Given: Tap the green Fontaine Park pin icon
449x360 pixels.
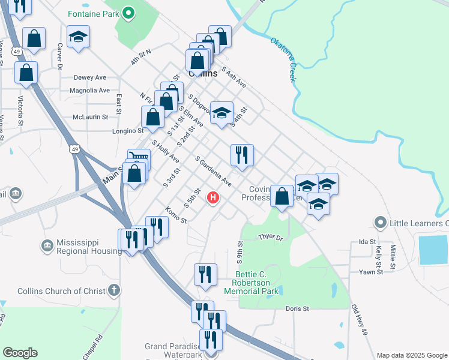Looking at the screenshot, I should point(128,13).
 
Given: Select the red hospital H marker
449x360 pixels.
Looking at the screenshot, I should point(212,197).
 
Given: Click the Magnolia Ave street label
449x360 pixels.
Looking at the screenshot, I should point(89,91).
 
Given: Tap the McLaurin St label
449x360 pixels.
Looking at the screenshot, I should point(90,117).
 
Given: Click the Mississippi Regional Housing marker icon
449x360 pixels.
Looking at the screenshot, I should point(47,245).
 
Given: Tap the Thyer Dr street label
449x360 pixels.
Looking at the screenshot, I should point(270,238).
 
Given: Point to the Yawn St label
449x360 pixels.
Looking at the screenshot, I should point(371,272).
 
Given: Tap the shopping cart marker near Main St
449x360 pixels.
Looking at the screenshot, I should point(139,158).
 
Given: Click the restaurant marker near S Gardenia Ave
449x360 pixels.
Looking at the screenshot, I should point(243,154).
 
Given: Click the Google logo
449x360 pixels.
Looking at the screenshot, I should point(20,353).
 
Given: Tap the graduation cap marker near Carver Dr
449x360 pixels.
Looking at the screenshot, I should point(79,37).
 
